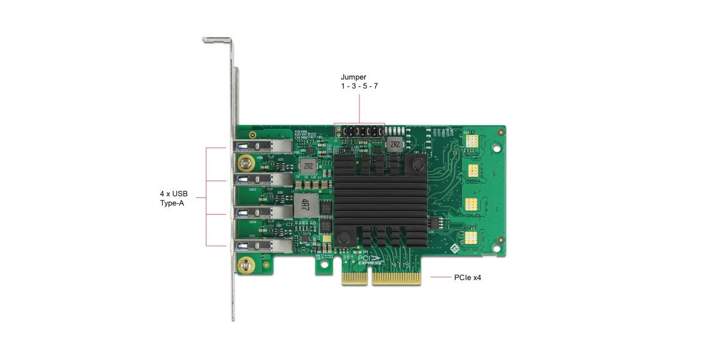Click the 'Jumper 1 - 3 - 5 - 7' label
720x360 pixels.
[359, 82]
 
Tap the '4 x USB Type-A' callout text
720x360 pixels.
[173, 199]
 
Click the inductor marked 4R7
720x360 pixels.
[305, 205]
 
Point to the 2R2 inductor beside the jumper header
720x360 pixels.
[394, 144]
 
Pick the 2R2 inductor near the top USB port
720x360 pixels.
[307, 165]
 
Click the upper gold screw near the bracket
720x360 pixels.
[245, 161]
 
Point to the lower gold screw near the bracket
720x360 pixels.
[245, 265]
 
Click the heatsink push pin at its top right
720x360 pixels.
[415, 164]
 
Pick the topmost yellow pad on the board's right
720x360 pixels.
[472, 140]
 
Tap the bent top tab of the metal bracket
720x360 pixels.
[217, 40]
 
